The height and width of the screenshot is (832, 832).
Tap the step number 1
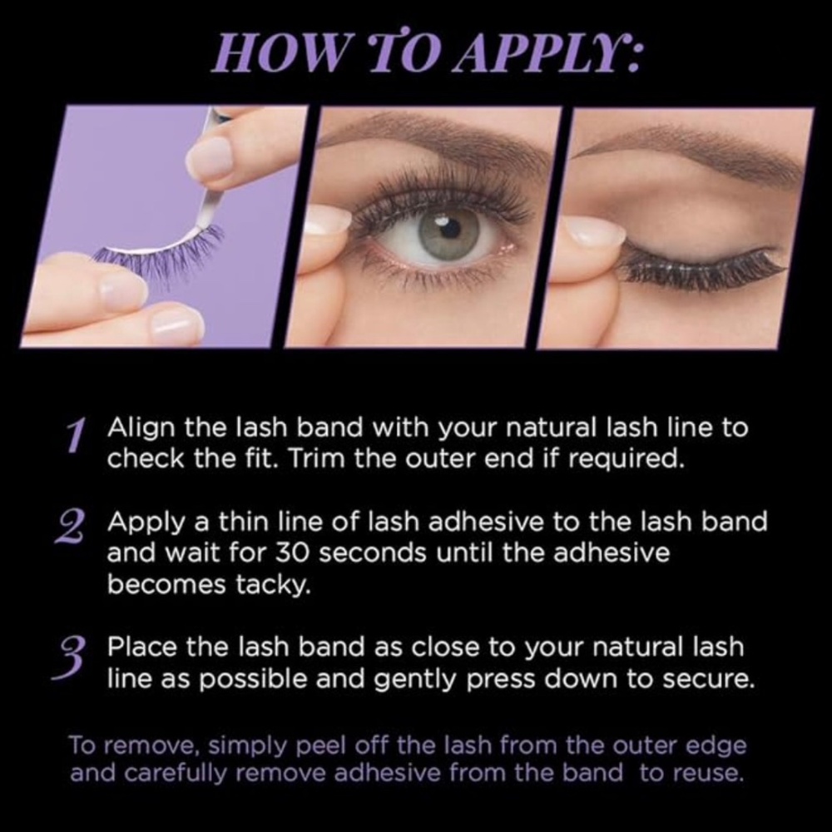click(x=77, y=435)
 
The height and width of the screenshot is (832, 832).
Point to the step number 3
click(x=69, y=658)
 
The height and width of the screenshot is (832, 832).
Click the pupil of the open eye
click(x=449, y=229)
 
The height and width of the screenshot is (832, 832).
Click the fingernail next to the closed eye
click(x=593, y=234)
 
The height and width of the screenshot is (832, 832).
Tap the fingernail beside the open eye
click(x=329, y=220)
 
